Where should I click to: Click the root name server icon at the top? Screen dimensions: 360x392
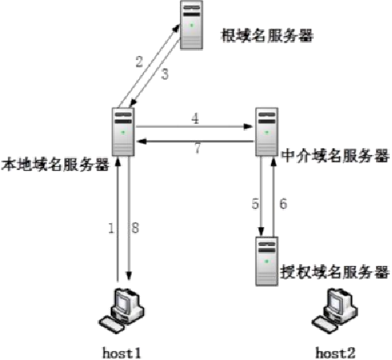[x=190, y=26]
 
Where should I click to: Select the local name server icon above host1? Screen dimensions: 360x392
[x=123, y=130]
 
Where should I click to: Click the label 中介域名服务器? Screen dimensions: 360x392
[x=335, y=155]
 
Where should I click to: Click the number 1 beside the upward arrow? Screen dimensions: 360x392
[x=111, y=228]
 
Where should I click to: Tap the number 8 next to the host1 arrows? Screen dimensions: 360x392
[x=135, y=228]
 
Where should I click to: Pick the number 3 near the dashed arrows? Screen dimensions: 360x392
[x=165, y=74]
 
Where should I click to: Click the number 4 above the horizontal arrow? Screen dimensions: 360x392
[x=195, y=118]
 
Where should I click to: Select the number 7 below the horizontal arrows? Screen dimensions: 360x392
[x=197, y=149]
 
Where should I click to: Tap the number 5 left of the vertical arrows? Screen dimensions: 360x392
[x=255, y=203]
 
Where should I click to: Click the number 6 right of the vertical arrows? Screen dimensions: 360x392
[x=283, y=203]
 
